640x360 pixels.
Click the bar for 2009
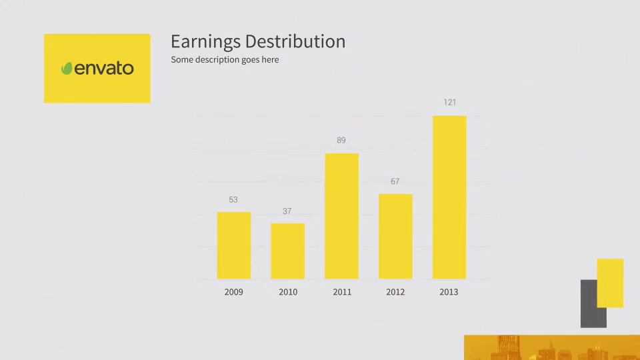tap(234, 245)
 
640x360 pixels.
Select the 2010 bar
tap(288, 251)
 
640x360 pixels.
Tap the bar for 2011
tap(341, 216)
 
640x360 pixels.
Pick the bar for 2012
tap(395, 236)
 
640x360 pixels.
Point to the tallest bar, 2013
tap(449, 197)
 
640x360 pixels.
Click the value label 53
tap(233, 199)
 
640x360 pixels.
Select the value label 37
tap(287, 211)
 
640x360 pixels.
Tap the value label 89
tap(341, 141)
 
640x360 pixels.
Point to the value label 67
tap(395, 181)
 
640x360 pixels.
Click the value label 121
tap(450, 102)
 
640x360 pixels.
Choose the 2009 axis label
tap(233, 292)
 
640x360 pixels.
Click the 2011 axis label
tap(342, 292)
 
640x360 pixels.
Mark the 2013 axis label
tap(449, 292)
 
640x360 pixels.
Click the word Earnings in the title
tap(206, 42)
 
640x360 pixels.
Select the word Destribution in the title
tap(295, 41)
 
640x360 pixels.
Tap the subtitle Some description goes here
tap(225, 59)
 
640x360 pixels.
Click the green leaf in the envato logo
tap(67, 68)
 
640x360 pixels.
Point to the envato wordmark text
tap(104, 68)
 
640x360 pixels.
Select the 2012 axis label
tap(395, 292)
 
